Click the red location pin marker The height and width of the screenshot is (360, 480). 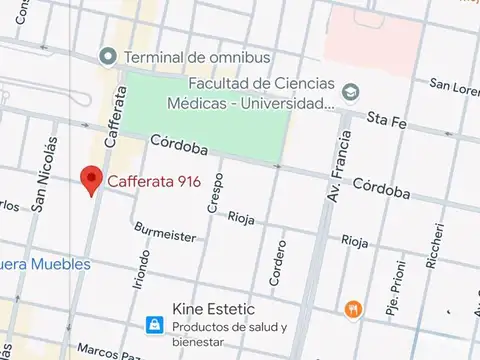pos(92,178)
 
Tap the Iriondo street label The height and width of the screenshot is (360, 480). pos(139,269)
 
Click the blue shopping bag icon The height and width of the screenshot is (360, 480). pos(153,325)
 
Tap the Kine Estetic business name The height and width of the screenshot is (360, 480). pos(214,309)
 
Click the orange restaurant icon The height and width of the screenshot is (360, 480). pos(353,309)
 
